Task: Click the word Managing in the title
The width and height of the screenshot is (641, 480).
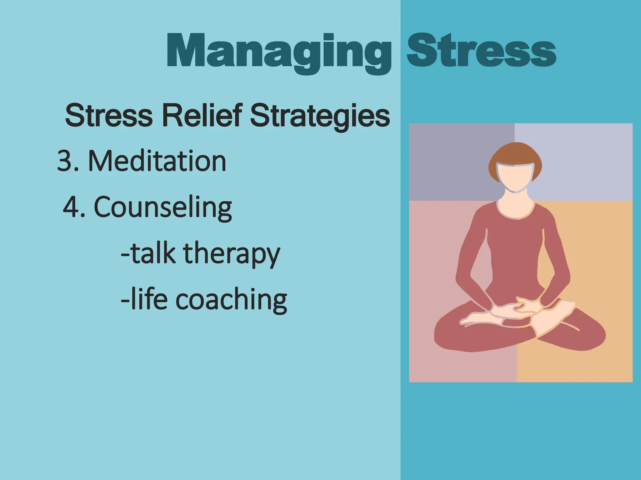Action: click(x=279, y=52)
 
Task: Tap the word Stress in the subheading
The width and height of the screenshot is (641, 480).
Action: click(x=109, y=115)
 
